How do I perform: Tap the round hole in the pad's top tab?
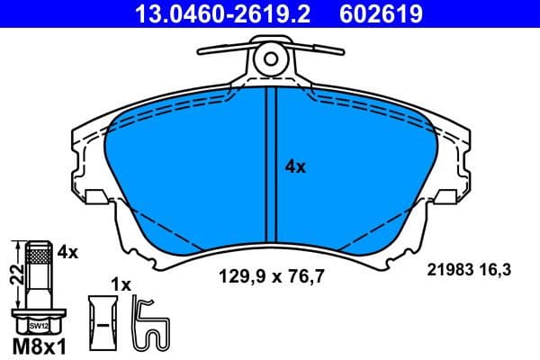pos(270,59)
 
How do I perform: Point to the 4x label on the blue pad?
pos(295,166)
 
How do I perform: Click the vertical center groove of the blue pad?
pos(270,171)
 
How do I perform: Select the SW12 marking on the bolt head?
pos(39,326)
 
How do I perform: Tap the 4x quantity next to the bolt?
pos(67,253)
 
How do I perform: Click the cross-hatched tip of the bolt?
pos(39,256)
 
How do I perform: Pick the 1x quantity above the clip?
pos(121,283)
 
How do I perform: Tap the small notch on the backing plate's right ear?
pos(443,194)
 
